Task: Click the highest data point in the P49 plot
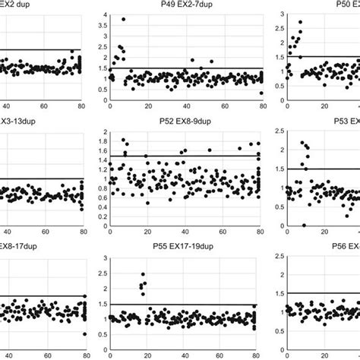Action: tap(123, 19)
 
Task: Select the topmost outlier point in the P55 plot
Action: tap(144, 274)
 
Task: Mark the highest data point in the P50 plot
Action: tap(300, 22)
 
